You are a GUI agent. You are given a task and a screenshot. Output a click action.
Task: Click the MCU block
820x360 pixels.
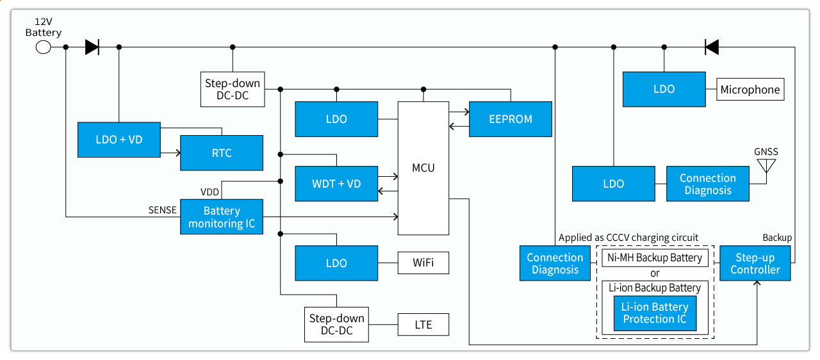pos(423,168)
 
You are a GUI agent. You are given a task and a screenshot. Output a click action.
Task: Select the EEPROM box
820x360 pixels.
pos(511,119)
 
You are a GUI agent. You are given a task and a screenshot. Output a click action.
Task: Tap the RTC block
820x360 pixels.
pos(222,153)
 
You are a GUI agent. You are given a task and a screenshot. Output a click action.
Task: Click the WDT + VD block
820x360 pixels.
pos(336,184)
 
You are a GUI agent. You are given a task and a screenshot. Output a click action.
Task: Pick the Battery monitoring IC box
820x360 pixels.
pos(222,217)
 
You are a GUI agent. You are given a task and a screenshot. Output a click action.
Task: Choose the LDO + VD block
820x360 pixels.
pos(119,140)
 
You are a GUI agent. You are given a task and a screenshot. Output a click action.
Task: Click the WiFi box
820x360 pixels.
pos(423,263)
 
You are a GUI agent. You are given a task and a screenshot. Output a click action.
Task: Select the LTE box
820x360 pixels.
pos(423,325)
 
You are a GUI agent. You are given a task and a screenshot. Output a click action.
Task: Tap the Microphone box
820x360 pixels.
pos(750,90)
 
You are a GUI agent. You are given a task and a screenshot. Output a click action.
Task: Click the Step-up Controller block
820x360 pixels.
pos(755,263)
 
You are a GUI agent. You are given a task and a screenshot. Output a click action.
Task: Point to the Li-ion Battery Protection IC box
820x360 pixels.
pos(655,313)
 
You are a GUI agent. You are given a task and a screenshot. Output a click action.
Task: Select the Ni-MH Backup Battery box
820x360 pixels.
pos(655,258)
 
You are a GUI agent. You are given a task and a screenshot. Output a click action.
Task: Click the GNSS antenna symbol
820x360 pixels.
pos(766,166)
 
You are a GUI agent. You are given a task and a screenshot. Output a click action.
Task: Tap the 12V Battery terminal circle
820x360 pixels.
pos(43,47)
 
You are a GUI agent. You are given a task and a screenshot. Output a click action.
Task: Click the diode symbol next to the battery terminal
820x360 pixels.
pos(92,47)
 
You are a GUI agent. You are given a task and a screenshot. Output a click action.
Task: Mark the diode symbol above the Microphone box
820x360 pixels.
pos(711,47)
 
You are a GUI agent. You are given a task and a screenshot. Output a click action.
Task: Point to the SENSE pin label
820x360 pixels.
pos(163,210)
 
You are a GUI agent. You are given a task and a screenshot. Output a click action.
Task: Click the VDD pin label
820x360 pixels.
pos(209,192)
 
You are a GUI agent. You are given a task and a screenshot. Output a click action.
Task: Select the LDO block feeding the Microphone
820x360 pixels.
pos(664,90)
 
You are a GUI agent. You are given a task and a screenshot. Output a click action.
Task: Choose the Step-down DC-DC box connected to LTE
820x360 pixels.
pos(336,325)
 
